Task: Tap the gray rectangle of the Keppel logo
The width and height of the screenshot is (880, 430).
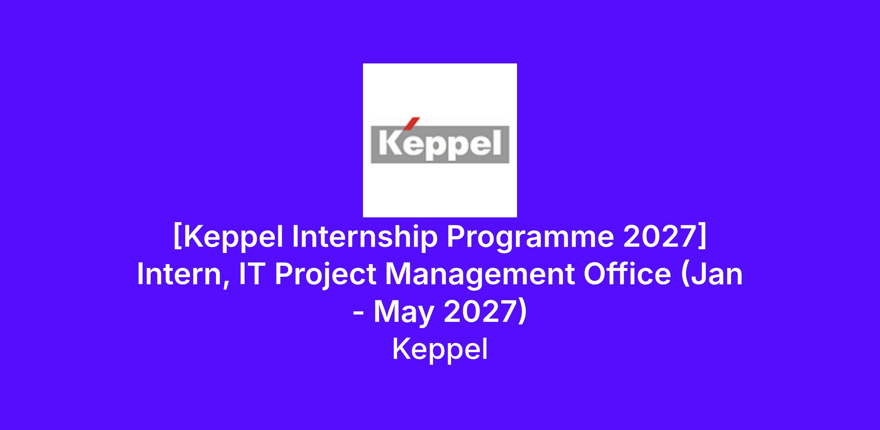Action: click(x=440, y=144)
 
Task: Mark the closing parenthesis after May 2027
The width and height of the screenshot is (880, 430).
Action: click(x=522, y=312)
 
